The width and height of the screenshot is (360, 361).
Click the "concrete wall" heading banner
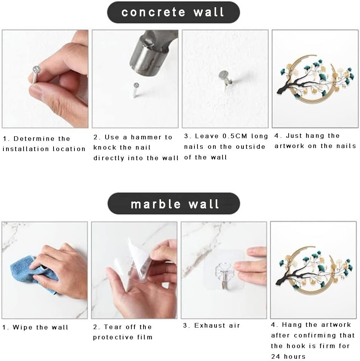(x=174, y=12)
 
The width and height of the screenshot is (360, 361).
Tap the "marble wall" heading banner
(x=174, y=203)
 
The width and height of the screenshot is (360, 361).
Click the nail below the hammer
(x=136, y=90)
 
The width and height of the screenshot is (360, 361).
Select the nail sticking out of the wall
(x=225, y=79)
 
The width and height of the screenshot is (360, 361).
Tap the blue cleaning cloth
(x=32, y=273)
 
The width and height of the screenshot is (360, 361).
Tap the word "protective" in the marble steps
(x=113, y=337)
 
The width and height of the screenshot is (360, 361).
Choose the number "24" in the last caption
(x=275, y=356)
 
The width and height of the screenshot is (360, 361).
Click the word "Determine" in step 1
(x=34, y=139)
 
